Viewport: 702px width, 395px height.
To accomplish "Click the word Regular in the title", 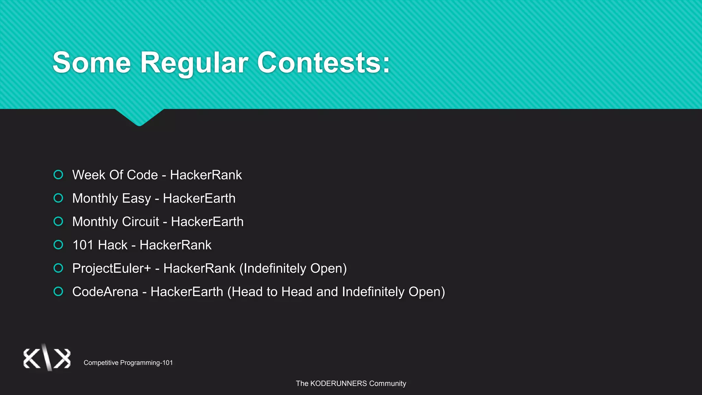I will coord(194,63).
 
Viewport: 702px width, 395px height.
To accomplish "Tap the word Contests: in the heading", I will coord(324,63).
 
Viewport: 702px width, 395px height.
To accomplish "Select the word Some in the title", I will coord(92,63).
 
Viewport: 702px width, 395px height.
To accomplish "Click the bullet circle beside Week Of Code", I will coord(58,175).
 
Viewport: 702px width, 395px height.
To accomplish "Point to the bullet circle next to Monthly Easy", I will coord(58,198).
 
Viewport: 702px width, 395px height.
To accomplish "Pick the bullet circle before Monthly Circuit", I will coord(58,222).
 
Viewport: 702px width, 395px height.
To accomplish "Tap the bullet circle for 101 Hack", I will coord(58,245).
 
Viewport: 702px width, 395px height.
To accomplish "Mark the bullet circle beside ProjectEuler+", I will coord(58,268).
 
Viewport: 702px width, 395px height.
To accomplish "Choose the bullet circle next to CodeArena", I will coord(58,291).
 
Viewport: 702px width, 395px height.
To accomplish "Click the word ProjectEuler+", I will coord(111,268).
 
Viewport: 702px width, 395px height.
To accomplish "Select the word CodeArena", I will coord(105,292).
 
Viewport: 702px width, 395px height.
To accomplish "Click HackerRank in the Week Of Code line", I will coord(206,175).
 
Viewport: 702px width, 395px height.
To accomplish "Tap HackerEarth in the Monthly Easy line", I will coord(199,199).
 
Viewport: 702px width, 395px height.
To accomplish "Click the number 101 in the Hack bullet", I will coord(83,245).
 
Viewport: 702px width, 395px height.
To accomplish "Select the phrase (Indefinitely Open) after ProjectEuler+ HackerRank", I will coord(293,268).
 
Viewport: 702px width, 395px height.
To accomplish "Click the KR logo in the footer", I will coord(47,358).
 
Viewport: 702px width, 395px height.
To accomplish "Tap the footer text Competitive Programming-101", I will coord(128,363).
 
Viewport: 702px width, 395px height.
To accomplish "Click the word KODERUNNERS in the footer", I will coord(338,384).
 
